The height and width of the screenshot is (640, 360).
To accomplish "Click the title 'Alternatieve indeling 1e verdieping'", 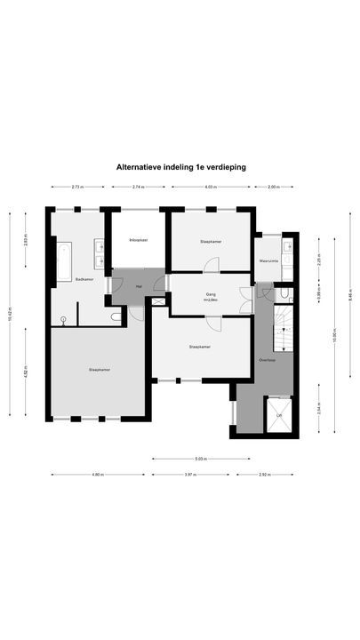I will pos(180,165).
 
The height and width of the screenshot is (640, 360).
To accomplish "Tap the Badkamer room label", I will pos(84,279).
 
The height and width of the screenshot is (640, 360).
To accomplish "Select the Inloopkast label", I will pos(138,241).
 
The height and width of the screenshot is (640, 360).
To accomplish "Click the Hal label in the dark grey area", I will pos(139,286).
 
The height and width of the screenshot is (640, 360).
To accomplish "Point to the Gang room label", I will pos(211,293).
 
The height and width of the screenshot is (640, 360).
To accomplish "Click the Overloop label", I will pos(265,360).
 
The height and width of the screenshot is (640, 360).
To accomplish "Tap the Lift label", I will pos(279,415).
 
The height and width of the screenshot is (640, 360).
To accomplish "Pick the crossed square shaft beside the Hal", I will pos(158,302).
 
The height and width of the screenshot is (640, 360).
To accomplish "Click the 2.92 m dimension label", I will pos(264,475).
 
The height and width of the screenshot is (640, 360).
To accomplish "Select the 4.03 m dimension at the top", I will pos(210,187).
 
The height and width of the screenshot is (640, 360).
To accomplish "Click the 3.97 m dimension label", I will pos(188,475).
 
